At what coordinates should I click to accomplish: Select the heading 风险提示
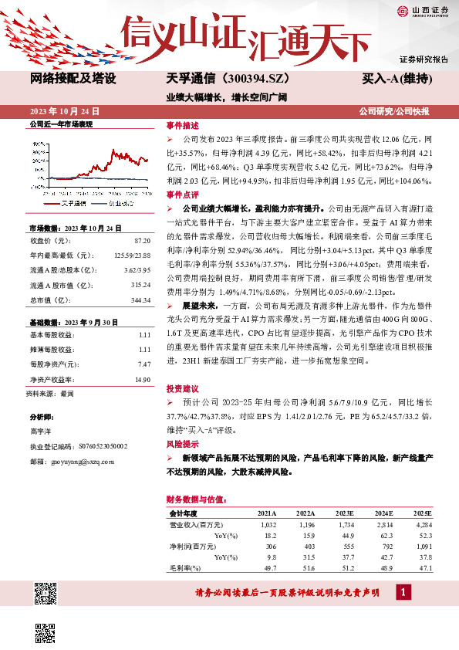coord(182,444)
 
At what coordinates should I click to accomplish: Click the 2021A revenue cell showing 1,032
coord(266,524)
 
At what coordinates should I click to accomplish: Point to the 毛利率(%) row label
coord(184,567)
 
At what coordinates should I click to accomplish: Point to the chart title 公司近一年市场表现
coord(60,124)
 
